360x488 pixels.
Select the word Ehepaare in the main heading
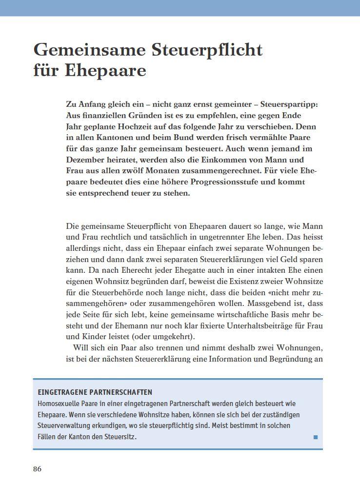(x=105, y=71)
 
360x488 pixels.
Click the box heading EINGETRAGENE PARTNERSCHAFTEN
(x=95, y=392)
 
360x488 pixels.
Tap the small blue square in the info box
(x=316, y=437)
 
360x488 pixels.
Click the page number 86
(x=38, y=469)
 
